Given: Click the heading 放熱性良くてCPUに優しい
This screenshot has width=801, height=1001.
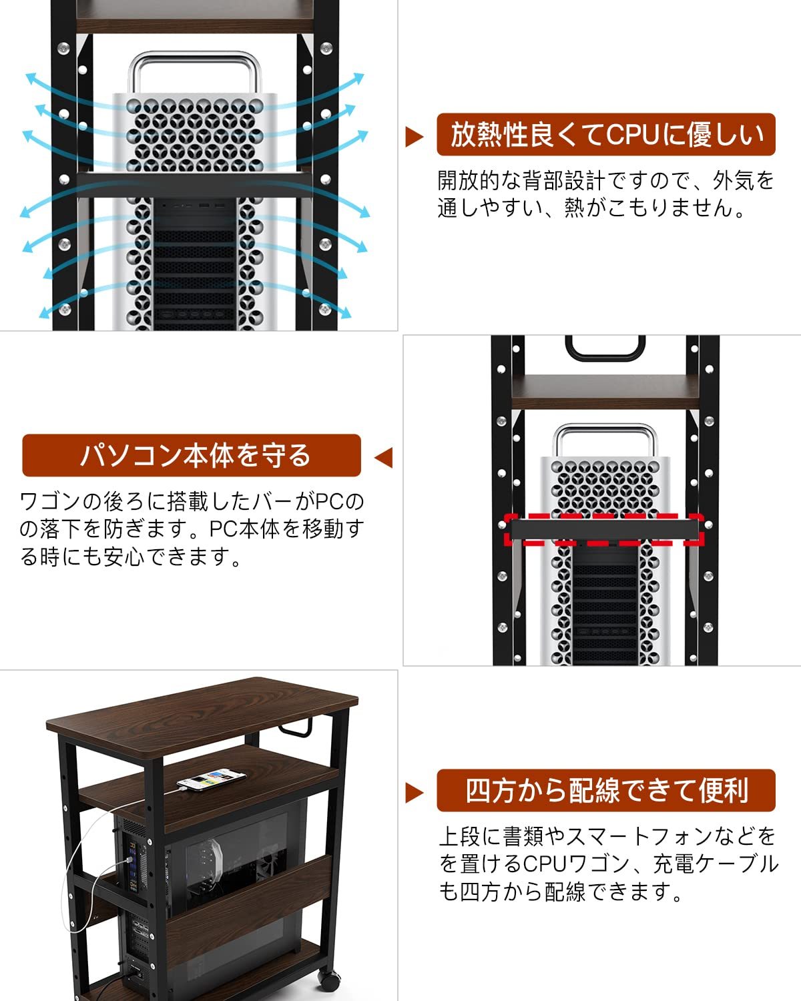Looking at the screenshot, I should click(x=605, y=135).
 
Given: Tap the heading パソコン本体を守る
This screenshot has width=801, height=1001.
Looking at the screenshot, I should click(x=192, y=456).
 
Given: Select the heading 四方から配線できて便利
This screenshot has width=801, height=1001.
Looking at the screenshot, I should click(x=605, y=791).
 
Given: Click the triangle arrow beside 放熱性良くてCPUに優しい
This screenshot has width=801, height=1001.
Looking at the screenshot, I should click(x=414, y=137).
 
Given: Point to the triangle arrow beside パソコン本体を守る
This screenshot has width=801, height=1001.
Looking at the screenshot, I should click(x=384, y=458).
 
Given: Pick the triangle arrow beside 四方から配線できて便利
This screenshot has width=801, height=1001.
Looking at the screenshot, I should click(x=414, y=792).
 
